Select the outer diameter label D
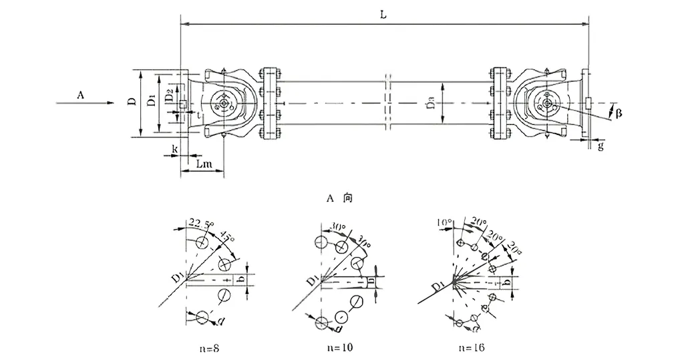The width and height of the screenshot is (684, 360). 132,102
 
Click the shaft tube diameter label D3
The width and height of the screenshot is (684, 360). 431,104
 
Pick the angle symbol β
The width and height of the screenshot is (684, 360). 618,114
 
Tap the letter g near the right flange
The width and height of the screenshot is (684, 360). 601,146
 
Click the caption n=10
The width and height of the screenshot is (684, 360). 340,347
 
